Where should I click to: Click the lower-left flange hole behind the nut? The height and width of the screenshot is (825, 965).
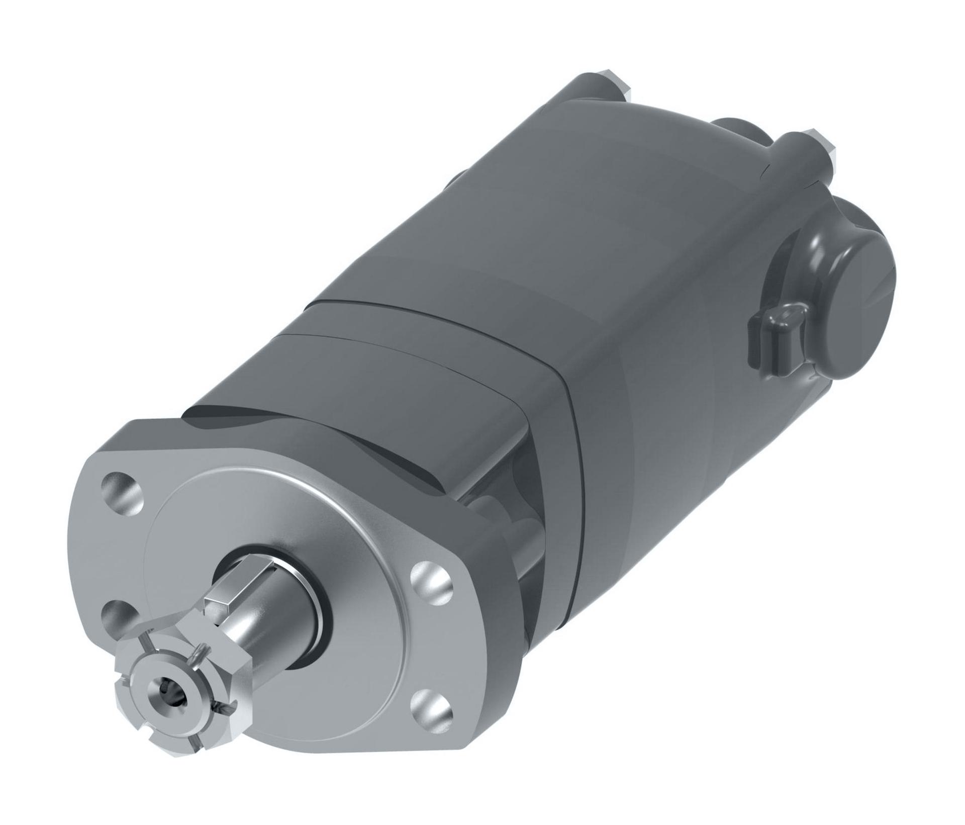click(x=118, y=616)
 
